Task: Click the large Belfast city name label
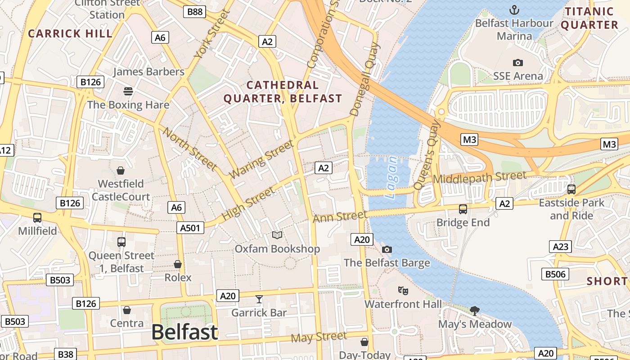click(x=184, y=332)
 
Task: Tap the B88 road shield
click(x=194, y=12)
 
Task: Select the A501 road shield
click(x=190, y=228)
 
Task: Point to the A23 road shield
click(x=560, y=247)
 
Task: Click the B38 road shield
click(x=65, y=354)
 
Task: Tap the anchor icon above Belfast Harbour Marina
click(x=514, y=10)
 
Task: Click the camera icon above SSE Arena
click(x=518, y=63)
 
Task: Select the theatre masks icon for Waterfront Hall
click(x=403, y=291)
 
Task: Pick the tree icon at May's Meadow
click(x=474, y=310)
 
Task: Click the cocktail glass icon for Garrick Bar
click(x=259, y=299)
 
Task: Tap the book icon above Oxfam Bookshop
click(x=277, y=235)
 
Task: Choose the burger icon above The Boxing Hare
click(x=128, y=91)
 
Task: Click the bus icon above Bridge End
click(x=463, y=209)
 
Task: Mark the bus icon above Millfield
click(x=37, y=218)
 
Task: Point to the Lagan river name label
click(x=391, y=177)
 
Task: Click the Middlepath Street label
click(x=479, y=177)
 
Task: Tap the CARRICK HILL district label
click(x=70, y=33)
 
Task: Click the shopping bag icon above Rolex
click(x=178, y=264)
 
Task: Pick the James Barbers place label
click(x=148, y=72)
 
